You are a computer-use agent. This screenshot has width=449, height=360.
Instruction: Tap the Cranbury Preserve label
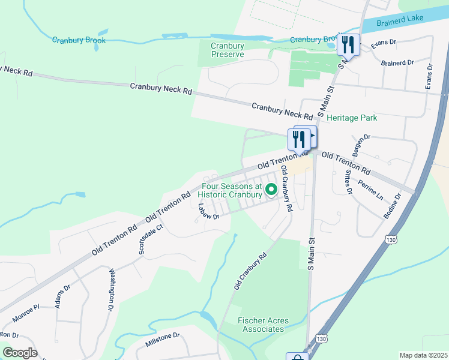pyautogui.click(x=228, y=50)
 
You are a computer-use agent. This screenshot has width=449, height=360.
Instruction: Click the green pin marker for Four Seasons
pyautogui.click(x=271, y=190)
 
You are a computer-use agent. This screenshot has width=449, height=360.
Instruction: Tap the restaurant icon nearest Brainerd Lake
pyautogui.click(x=348, y=44)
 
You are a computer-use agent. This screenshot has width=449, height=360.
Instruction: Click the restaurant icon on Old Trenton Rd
pyautogui.click(x=299, y=139)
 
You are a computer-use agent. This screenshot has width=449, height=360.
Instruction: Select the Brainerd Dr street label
pyautogui.click(x=397, y=62)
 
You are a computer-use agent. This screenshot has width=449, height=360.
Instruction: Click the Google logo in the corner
pyautogui.click(x=20, y=353)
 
